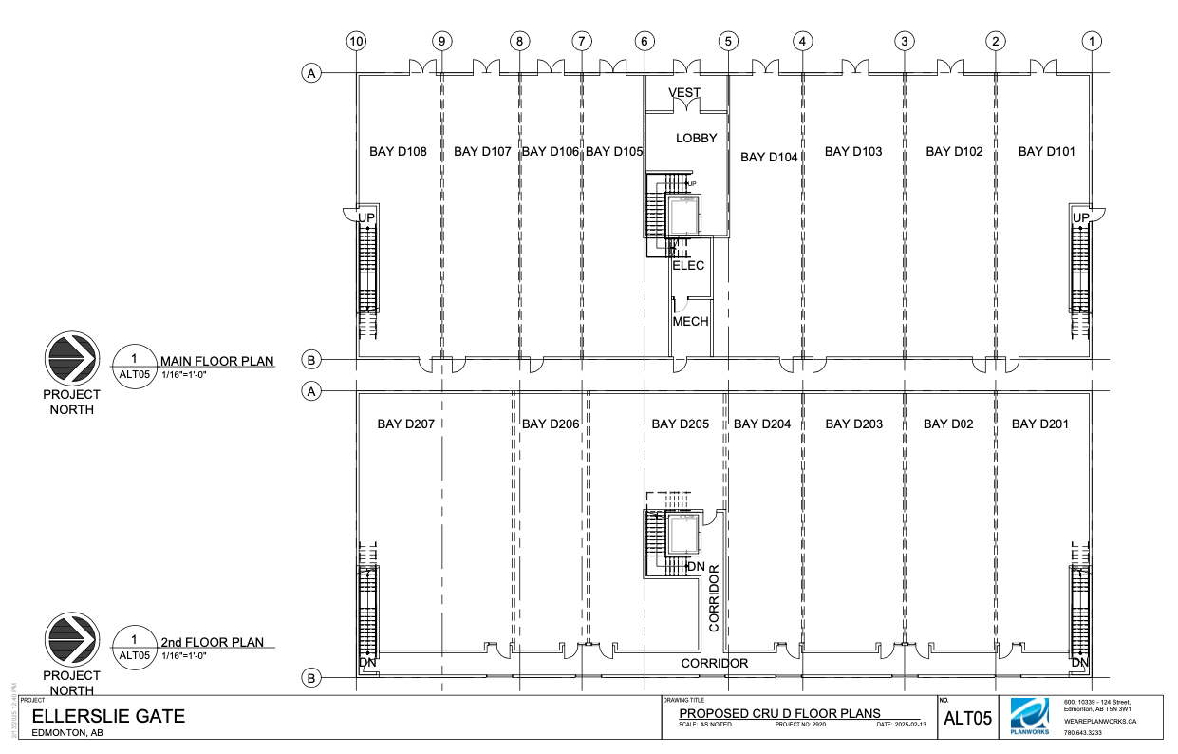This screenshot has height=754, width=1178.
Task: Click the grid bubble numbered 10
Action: (356, 41)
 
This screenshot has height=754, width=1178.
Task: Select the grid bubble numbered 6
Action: (645, 41)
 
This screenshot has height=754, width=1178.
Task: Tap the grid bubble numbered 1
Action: (1093, 41)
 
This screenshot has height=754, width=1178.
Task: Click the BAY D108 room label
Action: (398, 152)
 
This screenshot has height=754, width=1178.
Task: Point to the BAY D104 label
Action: (769, 157)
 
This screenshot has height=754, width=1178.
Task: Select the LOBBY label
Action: (697, 139)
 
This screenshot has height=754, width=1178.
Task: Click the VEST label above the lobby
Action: (684, 93)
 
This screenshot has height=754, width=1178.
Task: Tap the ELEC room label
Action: (688, 265)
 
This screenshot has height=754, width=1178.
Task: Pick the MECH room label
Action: (690, 321)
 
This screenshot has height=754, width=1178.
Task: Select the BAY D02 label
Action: (948, 424)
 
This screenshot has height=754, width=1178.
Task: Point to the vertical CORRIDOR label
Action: (715, 598)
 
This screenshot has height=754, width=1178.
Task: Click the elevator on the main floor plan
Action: (682, 216)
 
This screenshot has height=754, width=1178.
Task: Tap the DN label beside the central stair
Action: (696, 567)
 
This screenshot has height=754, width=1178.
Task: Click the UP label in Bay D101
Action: (1080, 218)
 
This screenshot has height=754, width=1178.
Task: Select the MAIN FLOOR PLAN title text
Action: (216, 361)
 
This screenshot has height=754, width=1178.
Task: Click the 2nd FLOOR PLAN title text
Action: (212, 642)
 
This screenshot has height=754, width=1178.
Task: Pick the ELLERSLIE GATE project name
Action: (109, 716)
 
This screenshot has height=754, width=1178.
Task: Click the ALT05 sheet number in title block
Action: (967, 721)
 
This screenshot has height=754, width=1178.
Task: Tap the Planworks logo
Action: (1029, 718)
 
